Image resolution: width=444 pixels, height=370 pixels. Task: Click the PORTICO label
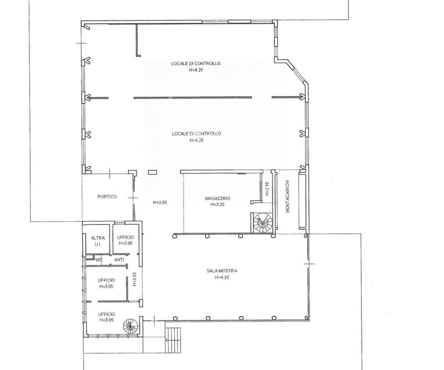pyautogui.click(x=107, y=197)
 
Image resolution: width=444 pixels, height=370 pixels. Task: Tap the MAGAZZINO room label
pyautogui.click(x=218, y=198)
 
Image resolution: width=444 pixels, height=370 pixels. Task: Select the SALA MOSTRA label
pyautogui.click(x=222, y=271)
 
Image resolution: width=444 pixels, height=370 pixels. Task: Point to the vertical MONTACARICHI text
pyautogui.click(x=288, y=196)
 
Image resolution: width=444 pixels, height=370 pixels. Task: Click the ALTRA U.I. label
pyautogui.click(x=98, y=241)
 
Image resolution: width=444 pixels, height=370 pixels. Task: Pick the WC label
pyautogui.click(x=99, y=260)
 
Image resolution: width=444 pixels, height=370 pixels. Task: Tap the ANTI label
pyautogui.click(x=119, y=260)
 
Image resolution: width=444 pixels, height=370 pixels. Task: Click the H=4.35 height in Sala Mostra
pyautogui.click(x=222, y=277)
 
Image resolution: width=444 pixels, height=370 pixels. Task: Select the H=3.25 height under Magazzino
pyautogui.click(x=218, y=205)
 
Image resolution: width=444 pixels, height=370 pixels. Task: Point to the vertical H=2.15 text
pyautogui.click(x=267, y=189)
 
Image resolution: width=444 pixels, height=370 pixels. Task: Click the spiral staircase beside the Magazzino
pyautogui.click(x=263, y=223)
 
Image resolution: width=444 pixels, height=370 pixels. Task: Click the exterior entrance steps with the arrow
pyautogui.click(x=173, y=340)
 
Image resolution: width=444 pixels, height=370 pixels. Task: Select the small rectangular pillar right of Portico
pyautogui.click(x=152, y=172)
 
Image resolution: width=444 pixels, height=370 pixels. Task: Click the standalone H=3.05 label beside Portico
pyautogui.click(x=160, y=203)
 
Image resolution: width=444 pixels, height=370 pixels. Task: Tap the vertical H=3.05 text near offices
pyautogui.click(x=134, y=279)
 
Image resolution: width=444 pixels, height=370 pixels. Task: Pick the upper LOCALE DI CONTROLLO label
pyautogui.click(x=196, y=63)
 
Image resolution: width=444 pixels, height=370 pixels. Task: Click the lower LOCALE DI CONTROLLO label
pyautogui.click(x=196, y=134)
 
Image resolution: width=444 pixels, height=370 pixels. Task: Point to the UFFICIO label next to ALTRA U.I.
pyautogui.click(x=125, y=237)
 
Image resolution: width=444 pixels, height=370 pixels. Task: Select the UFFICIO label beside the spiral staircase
pyautogui.click(x=107, y=314)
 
